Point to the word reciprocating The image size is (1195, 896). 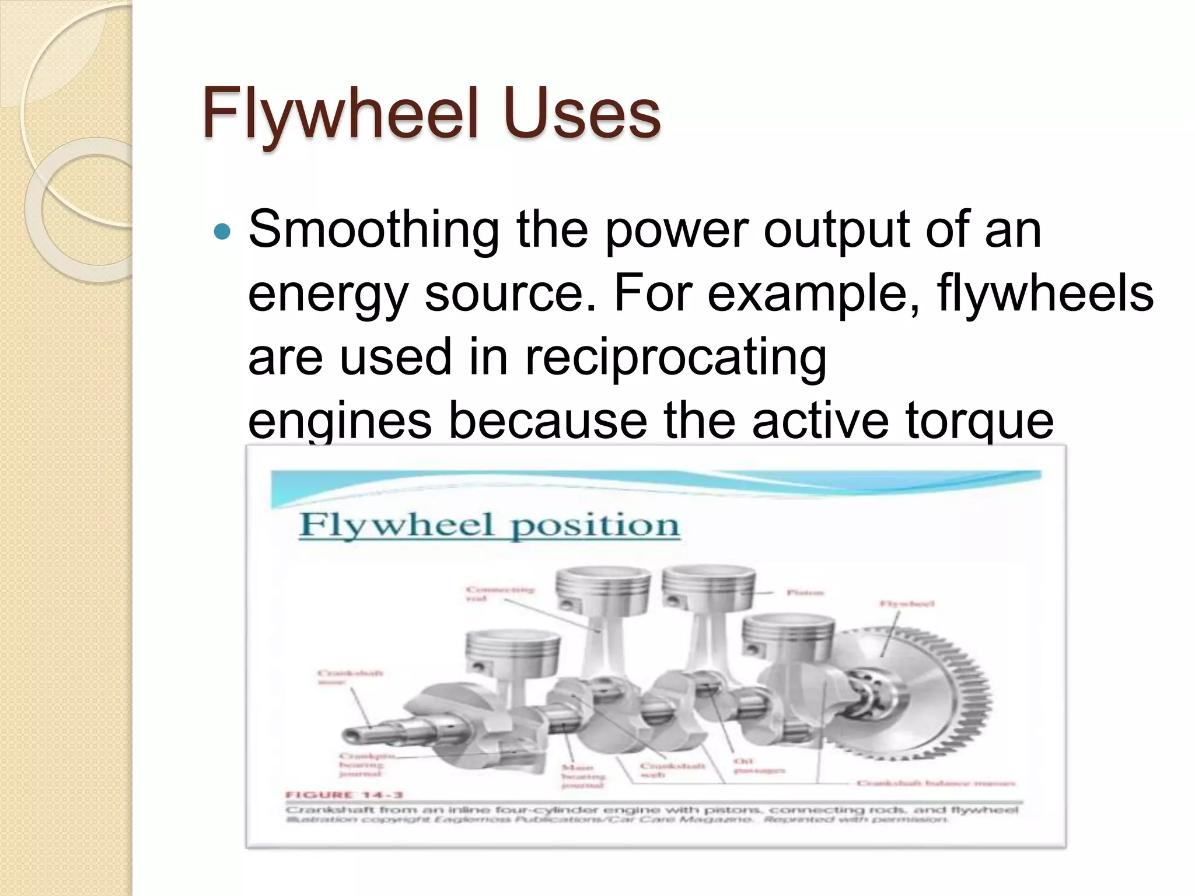675,357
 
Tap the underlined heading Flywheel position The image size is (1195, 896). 489,524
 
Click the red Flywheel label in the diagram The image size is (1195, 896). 907,604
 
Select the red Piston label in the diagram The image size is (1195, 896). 805,593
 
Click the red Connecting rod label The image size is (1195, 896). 499,594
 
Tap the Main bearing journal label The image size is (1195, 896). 583,776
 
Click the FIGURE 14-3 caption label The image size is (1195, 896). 344,794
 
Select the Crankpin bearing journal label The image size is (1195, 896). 362,765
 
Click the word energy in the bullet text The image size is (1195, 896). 327,295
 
